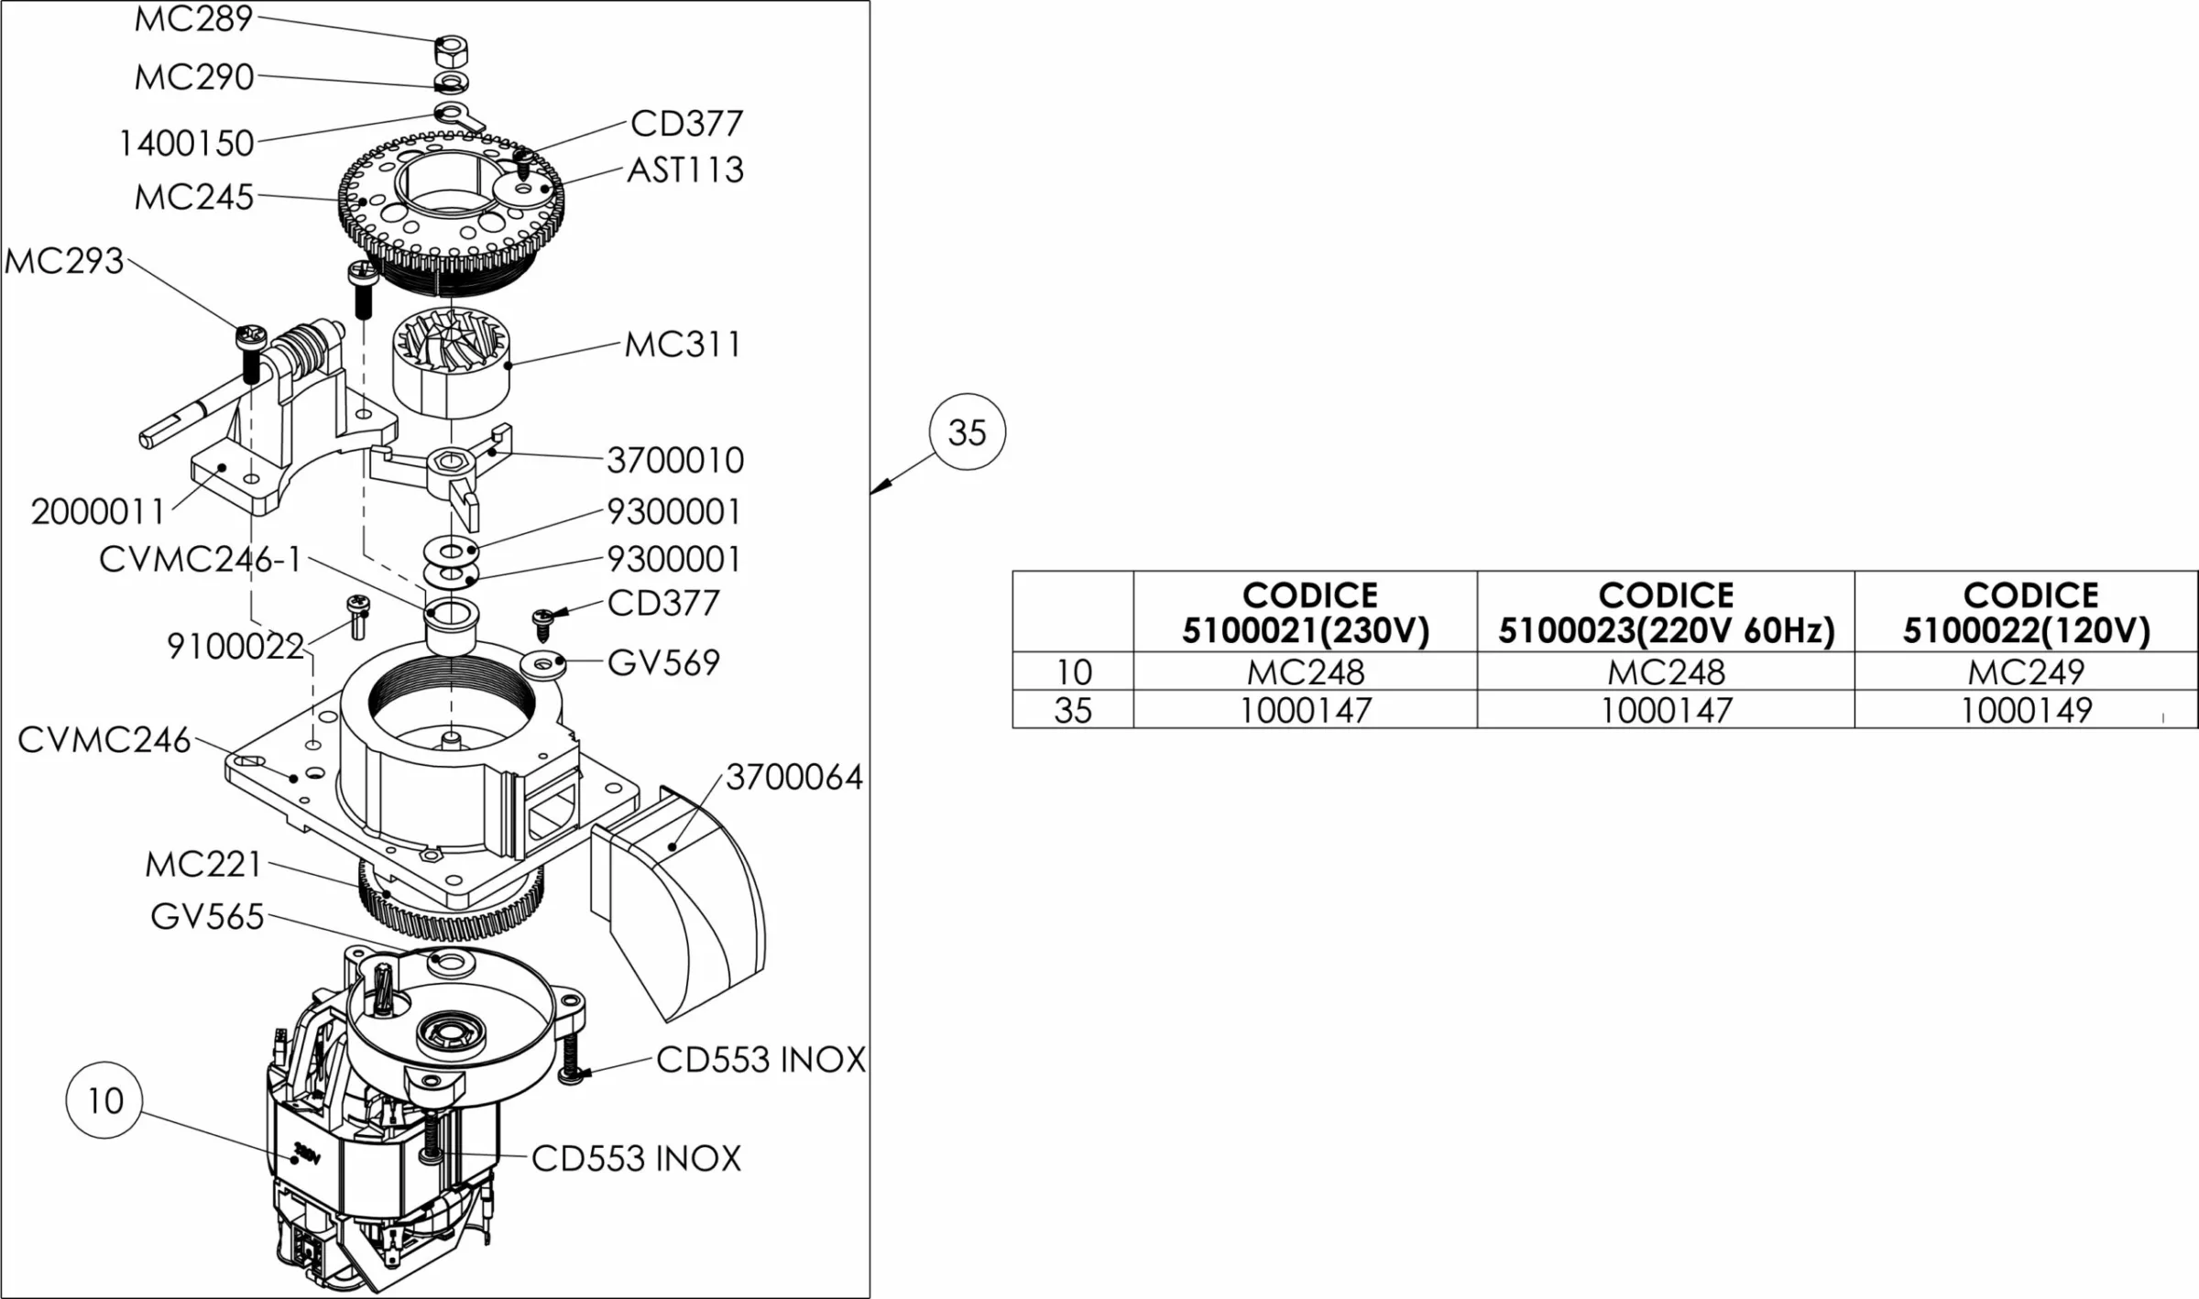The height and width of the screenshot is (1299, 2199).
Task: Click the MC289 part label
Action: click(193, 19)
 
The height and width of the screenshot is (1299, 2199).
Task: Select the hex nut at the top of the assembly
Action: click(451, 49)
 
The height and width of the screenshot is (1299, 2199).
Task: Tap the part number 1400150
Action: click(187, 144)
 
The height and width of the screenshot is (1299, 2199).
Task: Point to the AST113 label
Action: click(685, 170)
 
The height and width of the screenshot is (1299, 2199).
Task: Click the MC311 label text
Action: click(683, 345)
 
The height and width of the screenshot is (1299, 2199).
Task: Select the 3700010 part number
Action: click(675, 461)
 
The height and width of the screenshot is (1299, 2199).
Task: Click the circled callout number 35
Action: click(967, 432)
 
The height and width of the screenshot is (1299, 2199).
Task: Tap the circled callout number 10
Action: click(104, 1100)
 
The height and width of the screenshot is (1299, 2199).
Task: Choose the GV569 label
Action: click(663, 663)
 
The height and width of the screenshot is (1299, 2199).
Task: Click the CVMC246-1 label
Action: click(201, 560)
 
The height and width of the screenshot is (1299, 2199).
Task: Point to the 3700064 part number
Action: click(794, 778)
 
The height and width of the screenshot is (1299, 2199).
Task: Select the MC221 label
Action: click(203, 865)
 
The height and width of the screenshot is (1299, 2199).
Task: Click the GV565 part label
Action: click(208, 917)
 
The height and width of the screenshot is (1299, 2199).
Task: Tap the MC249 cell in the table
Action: click(2026, 672)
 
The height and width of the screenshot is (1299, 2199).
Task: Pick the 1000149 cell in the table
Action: click(2026, 711)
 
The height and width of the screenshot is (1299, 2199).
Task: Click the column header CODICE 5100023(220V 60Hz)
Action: click(1666, 613)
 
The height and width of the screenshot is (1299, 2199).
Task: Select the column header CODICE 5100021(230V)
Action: click(1306, 613)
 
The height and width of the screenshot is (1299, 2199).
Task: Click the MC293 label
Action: click(64, 262)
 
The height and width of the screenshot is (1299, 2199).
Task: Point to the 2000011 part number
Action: click(98, 512)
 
